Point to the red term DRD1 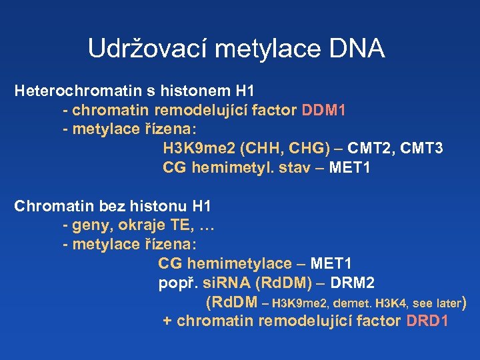tap(426, 321)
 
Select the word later tap(445, 303)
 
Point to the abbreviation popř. tap(175, 283)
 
